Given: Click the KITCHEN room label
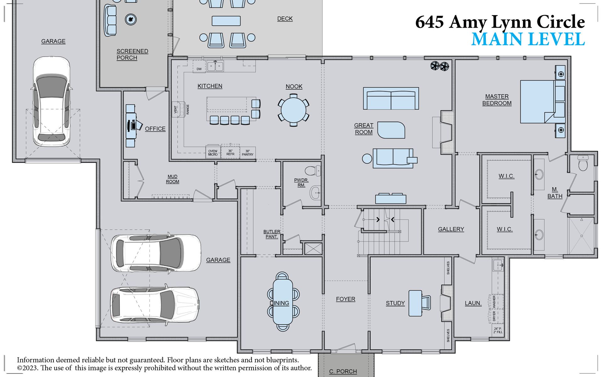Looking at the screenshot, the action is pos(210,86).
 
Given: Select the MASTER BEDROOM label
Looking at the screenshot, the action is pos(497,100).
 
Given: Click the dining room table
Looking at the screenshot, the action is pos(283,302).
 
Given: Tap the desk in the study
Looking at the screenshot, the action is pos(415,303).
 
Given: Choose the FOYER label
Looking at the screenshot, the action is pos(345,299).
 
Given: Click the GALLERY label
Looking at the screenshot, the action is pos(451,229).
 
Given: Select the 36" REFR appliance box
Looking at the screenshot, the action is pos(230,153).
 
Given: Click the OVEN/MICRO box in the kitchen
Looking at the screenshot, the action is pos(213,153).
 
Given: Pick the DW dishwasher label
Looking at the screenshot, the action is pos(199,69).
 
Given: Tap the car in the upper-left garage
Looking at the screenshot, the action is pos(52,101).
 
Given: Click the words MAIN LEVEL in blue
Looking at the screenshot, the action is pos(528,40).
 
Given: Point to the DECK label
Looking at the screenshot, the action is pos(285,19).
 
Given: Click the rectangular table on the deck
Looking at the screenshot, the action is pos(226,21).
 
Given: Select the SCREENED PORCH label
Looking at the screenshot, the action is pos(132,54).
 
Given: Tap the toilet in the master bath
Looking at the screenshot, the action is pos(583,163).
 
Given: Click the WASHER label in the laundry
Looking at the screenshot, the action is pos(494,301).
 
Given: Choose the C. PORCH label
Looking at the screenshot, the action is pos(343,371).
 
